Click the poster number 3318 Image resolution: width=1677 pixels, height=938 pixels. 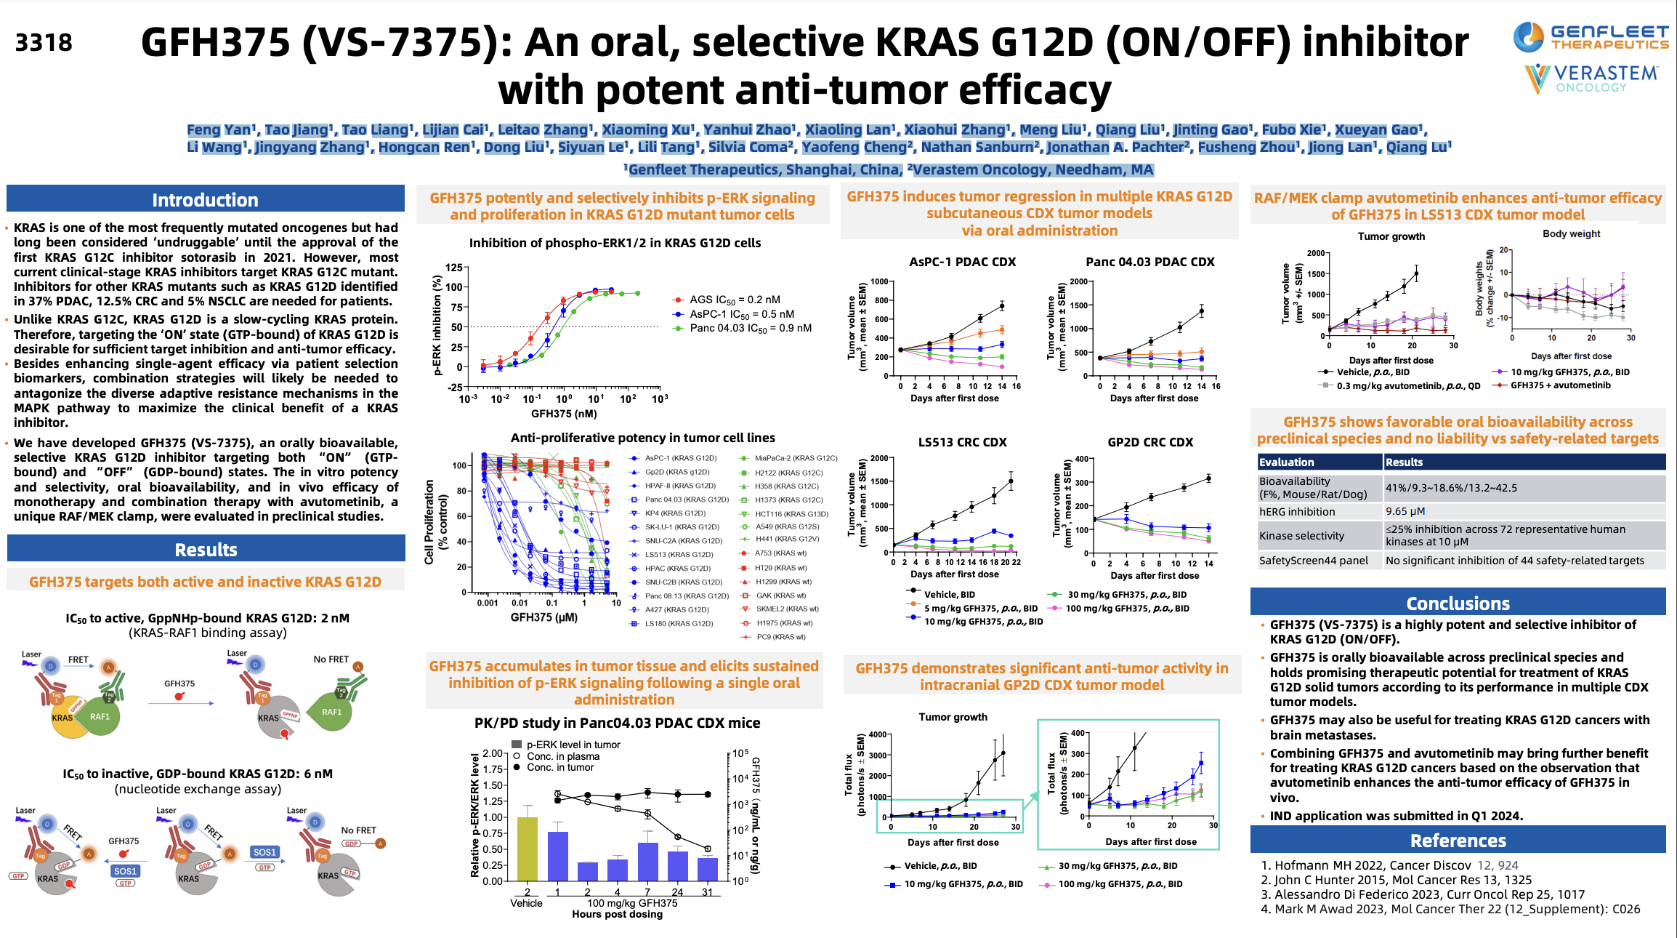pos(44,43)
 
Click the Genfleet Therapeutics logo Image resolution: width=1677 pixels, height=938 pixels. pos(1591,37)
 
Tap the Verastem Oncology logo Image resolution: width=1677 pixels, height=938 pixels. pos(1591,79)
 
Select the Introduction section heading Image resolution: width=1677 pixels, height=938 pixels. pos(205,200)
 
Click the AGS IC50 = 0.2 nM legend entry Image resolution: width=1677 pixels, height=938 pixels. pos(734,300)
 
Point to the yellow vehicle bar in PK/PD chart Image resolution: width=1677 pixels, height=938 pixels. pos(527,849)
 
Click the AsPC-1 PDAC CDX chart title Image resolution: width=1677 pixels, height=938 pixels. pos(962,262)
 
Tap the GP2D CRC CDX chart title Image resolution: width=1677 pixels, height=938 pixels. pos(1149,442)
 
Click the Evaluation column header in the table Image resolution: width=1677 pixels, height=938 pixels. pos(1286,462)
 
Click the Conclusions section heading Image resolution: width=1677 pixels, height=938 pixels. pos(1458,604)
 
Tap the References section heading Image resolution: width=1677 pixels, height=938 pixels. pos(1458,841)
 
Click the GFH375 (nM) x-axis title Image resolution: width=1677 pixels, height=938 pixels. pos(564,414)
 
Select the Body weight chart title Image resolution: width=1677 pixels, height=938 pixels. pos(1571,234)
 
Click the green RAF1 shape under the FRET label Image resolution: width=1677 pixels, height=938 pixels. pos(100,716)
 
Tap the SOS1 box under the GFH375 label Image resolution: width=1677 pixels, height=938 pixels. pos(125,871)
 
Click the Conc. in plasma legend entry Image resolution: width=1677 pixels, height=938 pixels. pos(562,756)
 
